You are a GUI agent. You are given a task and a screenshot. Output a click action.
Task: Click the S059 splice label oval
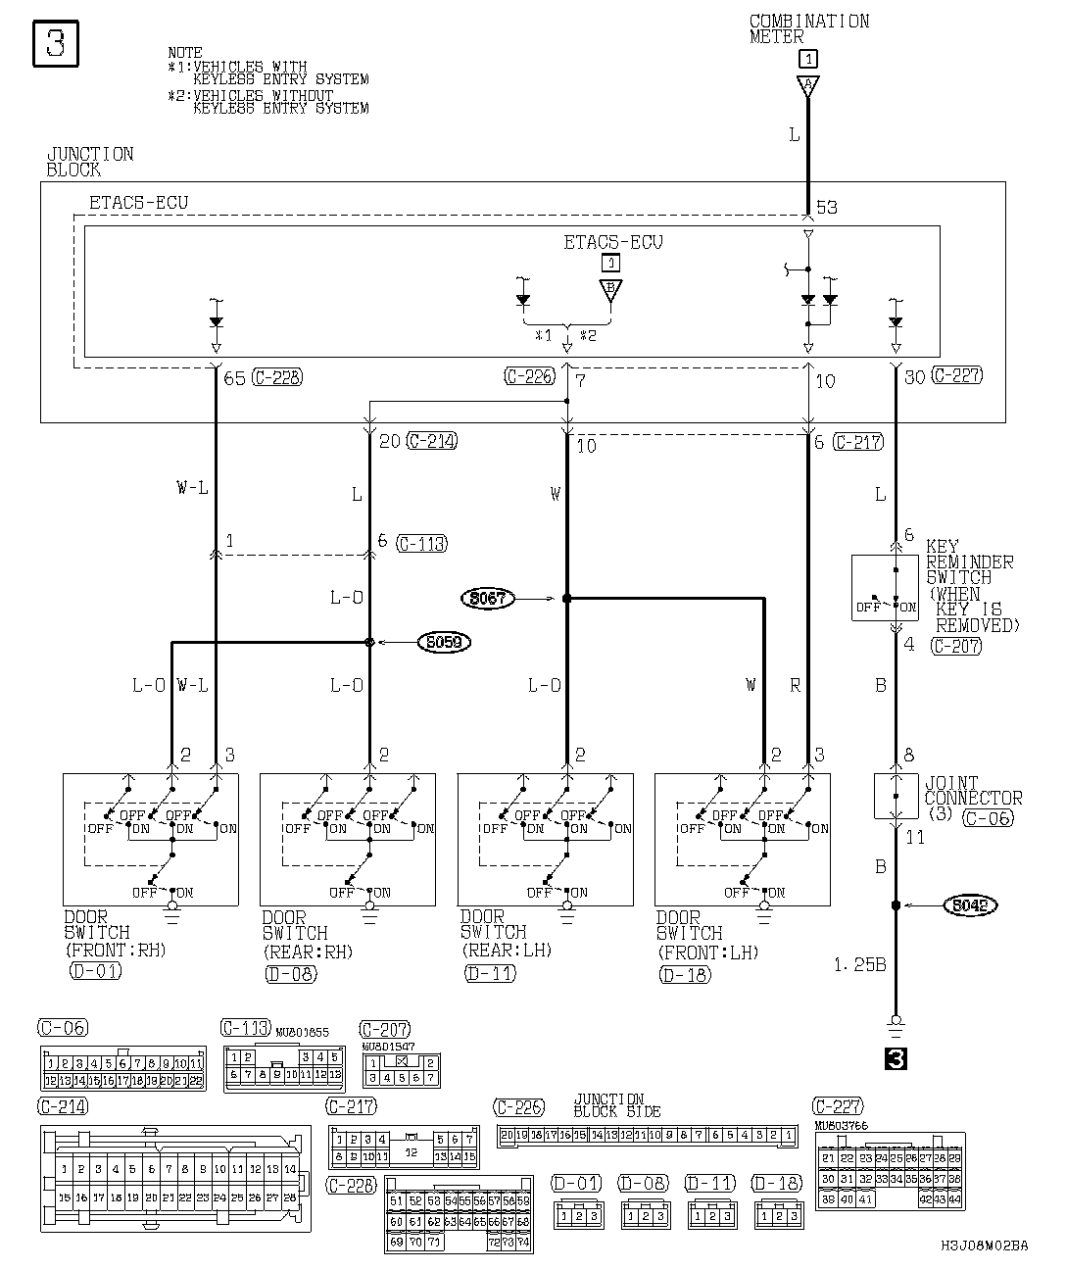tap(443, 643)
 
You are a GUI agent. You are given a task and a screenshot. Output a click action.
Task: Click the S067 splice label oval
tap(487, 597)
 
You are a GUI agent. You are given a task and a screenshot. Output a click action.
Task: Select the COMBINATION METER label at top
tap(808, 28)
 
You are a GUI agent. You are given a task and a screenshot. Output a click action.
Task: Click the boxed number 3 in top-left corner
tap(56, 45)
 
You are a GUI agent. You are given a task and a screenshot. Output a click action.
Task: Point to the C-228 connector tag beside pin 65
tap(276, 376)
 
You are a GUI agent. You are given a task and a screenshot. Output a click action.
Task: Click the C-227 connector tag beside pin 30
tap(956, 375)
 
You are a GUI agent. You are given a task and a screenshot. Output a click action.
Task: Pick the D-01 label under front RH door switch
tap(96, 972)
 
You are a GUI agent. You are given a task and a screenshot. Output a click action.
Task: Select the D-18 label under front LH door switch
tap(685, 974)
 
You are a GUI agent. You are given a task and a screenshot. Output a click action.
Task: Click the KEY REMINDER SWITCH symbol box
tap(885, 587)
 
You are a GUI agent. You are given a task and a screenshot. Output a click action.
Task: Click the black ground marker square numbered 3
tap(895, 1058)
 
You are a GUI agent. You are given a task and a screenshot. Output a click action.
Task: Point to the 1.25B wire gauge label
tap(859, 965)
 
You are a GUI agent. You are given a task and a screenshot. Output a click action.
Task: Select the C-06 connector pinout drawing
tap(122, 1069)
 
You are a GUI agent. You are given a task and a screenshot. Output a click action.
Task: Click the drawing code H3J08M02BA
tap(984, 1246)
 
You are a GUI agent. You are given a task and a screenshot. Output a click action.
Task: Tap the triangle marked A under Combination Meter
tap(807, 87)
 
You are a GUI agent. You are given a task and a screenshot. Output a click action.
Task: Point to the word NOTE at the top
tap(185, 53)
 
